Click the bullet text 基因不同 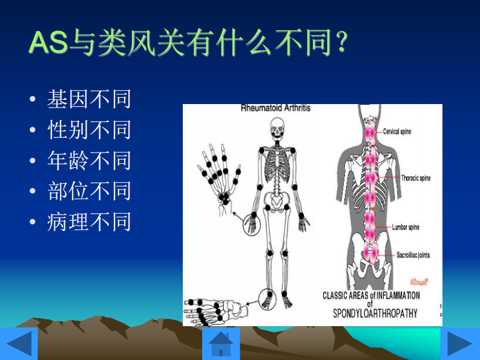pos(90,99)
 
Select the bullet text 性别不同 pos(90,130)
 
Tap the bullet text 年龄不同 pos(90,161)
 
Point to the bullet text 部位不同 pos(90,192)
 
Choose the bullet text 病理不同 pos(90,223)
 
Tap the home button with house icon pos(221,344)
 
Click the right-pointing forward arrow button pos(459,344)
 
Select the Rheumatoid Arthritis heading pos(275,108)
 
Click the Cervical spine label pos(397,131)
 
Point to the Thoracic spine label pos(415,178)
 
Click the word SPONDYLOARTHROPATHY pos(375,314)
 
